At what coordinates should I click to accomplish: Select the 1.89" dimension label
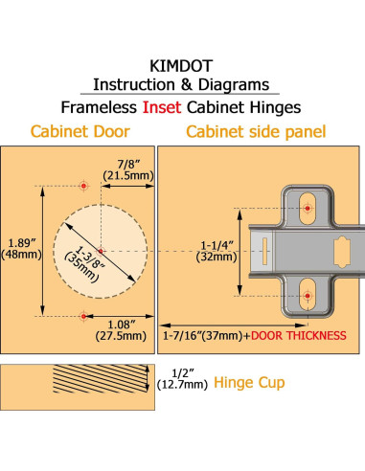19,244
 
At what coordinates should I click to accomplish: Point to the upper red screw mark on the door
84,183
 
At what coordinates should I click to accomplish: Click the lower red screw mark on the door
84,315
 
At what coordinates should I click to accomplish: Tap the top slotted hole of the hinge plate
308,206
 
